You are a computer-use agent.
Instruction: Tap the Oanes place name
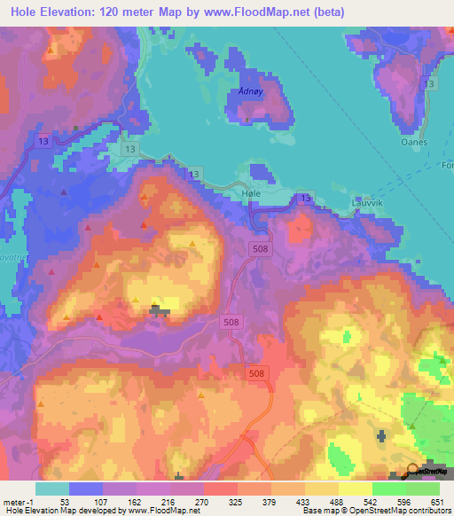pos(413,142)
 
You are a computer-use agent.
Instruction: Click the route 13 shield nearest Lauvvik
pos(306,197)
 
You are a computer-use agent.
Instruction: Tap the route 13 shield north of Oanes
pos(430,83)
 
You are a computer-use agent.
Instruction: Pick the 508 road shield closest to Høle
pos(259,249)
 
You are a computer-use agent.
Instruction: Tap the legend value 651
pos(438,501)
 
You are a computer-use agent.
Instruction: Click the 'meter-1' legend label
pos(19,501)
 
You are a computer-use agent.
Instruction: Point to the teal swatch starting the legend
pos(52,489)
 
